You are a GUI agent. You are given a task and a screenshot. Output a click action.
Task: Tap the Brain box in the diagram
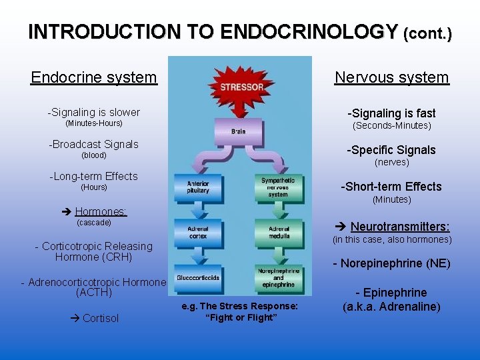point(238,131)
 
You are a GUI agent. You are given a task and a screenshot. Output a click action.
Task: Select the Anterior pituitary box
point(198,187)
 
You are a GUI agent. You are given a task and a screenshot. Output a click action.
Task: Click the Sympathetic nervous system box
point(278,187)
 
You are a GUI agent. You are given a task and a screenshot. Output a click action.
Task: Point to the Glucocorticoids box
point(198,277)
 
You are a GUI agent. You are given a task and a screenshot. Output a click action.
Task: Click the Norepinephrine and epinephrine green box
point(278,277)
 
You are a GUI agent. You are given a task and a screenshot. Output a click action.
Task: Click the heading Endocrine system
point(94,77)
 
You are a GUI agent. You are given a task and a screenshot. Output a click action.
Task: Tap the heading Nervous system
point(392,77)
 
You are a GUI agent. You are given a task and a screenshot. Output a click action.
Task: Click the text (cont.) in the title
point(427,33)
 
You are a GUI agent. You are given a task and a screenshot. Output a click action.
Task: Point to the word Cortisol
point(100,318)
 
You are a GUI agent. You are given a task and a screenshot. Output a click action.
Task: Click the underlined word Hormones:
point(101,211)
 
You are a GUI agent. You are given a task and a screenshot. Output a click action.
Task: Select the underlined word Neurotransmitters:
point(400,227)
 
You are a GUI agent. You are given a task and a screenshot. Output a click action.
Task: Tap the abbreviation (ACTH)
point(94,292)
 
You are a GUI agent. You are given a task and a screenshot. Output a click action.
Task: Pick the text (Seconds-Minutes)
point(392,125)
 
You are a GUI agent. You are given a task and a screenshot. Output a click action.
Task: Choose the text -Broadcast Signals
point(94,144)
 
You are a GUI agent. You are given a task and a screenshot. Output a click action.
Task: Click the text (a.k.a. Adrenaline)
point(391,307)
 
